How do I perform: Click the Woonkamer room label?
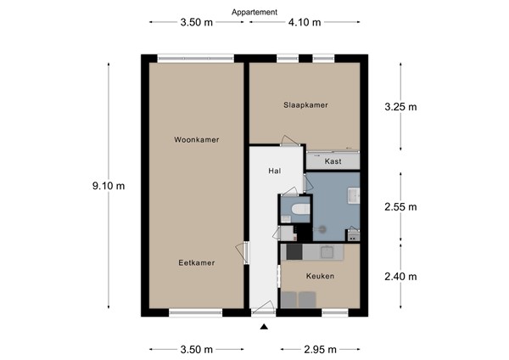tap(196, 139)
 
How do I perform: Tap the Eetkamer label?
tap(196, 263)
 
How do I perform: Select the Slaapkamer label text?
tap(305, 105)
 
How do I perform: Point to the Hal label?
tap(274, 171)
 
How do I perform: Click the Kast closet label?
tap(333, 160)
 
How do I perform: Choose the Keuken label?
tap(320, 277)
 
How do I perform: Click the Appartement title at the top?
tap(255, 13)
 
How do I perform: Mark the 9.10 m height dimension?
tap(109, 185)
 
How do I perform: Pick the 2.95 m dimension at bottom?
tap(320, 349)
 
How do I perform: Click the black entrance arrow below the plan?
tap(264, 327)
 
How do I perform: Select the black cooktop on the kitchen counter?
tap(294, 251)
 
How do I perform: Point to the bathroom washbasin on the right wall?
tap(354, 196)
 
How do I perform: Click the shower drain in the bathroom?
tap(322, 228)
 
